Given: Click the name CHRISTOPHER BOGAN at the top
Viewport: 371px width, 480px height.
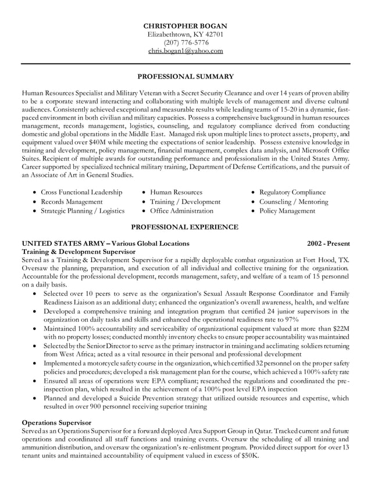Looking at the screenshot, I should (x=185, y=26).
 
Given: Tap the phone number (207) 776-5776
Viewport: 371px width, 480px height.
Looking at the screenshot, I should (x=185, y=42).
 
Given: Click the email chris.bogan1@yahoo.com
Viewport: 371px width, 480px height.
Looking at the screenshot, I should (x=185, y=51).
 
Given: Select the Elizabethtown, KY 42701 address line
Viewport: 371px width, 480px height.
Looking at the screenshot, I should (x=185, y=34).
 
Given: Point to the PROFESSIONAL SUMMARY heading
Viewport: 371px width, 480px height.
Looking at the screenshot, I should (x=185, y=76).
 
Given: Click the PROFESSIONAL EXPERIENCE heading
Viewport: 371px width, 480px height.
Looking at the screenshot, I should (x=185, y=226).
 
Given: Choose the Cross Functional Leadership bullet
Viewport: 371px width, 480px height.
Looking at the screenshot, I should (x=81, y=192).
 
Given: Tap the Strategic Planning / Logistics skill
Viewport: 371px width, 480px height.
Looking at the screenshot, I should (x=82, y=211).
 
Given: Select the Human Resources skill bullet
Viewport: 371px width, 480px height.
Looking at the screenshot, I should (x=176, y=192).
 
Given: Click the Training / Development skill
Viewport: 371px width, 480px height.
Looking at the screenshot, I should (x=185, y=202).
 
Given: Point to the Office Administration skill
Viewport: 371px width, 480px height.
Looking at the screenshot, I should (x=181, y=211).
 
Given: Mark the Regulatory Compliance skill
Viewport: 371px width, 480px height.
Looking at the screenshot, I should (x=292, y=192).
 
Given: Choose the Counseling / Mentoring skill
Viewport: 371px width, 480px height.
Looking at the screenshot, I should (x=293, y=202).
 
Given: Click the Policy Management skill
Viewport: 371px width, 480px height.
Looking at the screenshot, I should (x=287, y=211).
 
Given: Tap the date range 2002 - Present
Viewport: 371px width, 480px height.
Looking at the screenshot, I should (x=329, y=243).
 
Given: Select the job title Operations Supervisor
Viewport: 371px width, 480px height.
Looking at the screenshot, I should (x=56, y=422).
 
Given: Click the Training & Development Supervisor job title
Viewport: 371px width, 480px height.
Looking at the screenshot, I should (x=79, y=252).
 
